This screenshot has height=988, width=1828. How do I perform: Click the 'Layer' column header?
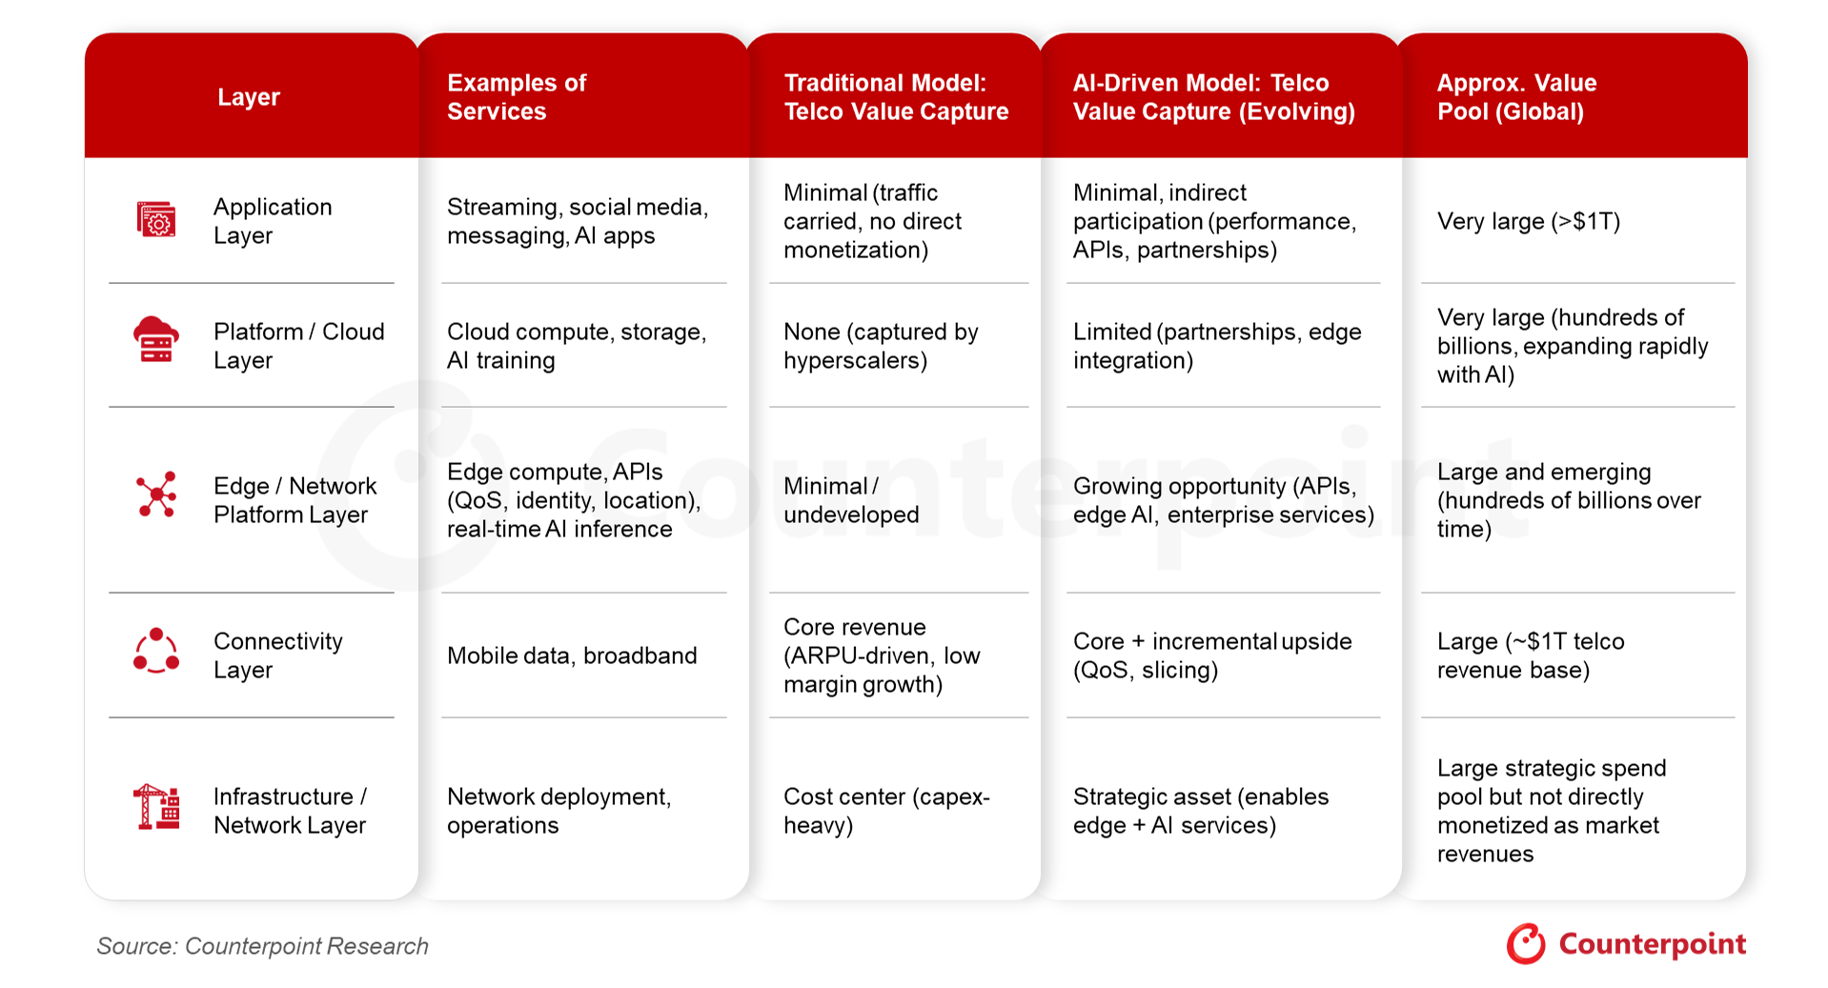pyautogui.click(x=249, y=97)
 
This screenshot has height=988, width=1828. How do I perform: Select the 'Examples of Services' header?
pyautogui.click(x=517, y=97)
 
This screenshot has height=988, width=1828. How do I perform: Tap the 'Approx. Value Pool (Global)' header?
pyautogui.click(x=1516, y=97)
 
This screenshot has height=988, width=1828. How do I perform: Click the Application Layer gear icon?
pyautogui.click(x=156, y=220)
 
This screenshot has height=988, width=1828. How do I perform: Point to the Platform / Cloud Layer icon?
pyautogui.click(x=156, y=340)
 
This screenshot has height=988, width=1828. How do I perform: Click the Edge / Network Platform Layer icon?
pyautogui.click(x=156, y=494)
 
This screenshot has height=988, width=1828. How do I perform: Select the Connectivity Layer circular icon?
pyautogui.click(x=156, y=652)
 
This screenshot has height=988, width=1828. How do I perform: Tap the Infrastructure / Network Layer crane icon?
pyautogui.click(x=156, y=807)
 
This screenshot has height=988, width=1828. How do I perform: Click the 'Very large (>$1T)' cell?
pyautogui.click(x=1529, y=222)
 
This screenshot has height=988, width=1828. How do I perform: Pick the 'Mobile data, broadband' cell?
pyautogui.click(x=572, y=655)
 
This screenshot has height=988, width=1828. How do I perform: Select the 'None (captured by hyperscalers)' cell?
pyautogui.click(x=881, y=346)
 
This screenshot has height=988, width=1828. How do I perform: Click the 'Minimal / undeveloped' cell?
pyautogui.click(x=851, y=500)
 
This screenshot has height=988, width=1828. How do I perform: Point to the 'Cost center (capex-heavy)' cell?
pyautogui.click(x=886, y=811)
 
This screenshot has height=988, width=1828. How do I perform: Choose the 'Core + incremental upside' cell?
pyautogui.click(x=1212, y=655)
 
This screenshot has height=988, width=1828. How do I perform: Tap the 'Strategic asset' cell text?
pyautogui.click(x=1201, y=811)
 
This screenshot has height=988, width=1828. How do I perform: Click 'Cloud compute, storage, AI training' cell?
pyautogui.click(x=577, y=346)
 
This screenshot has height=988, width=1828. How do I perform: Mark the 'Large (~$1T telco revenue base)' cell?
pyautogui.click(x=1531, y=655)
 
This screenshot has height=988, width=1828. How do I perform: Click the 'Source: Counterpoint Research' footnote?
pyautogui.click(x=263, y=946)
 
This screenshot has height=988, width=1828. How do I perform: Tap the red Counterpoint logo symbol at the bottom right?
pyautogui.click(x=1526, y=943)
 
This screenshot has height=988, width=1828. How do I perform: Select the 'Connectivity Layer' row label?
pyautogui.click(x=277, y=655)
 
